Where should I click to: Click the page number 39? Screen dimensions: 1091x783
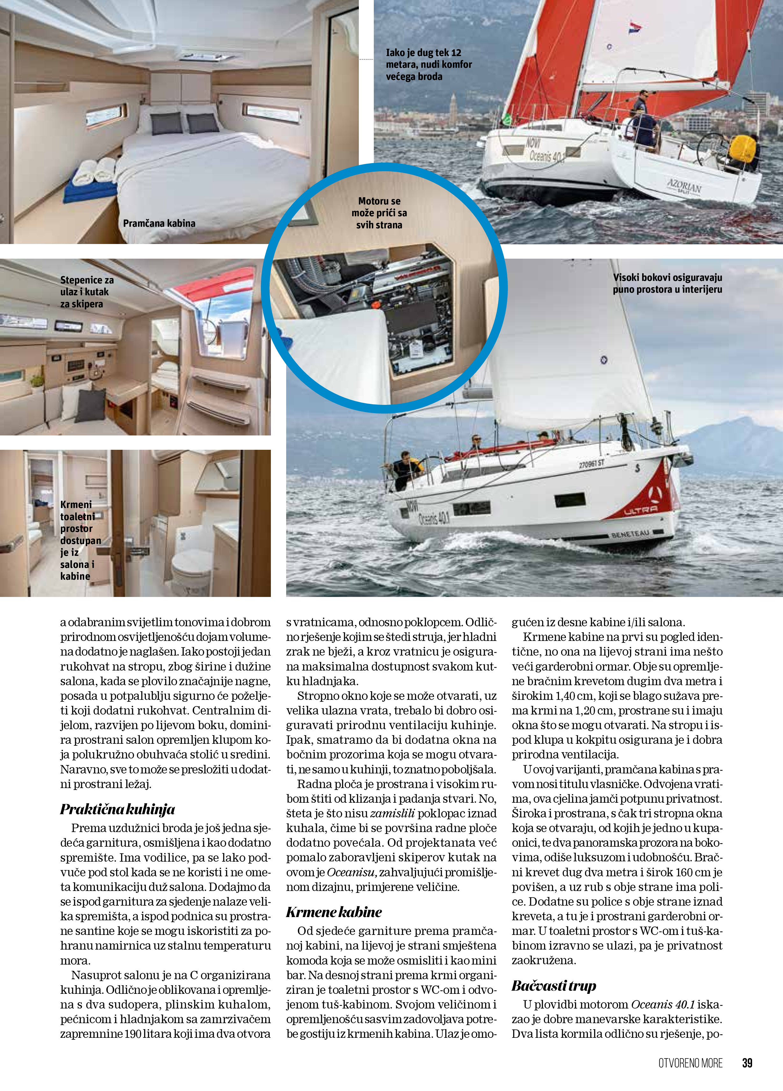747,1063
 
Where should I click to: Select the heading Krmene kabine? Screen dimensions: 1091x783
334,912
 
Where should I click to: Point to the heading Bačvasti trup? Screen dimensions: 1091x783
554,986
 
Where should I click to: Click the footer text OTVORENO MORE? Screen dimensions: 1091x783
690,1063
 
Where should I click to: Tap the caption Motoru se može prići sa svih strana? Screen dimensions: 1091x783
379,212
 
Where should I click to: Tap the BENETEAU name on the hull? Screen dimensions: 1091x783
630,534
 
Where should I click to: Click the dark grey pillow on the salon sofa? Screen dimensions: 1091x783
91,405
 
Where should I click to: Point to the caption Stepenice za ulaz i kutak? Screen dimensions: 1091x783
87,291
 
